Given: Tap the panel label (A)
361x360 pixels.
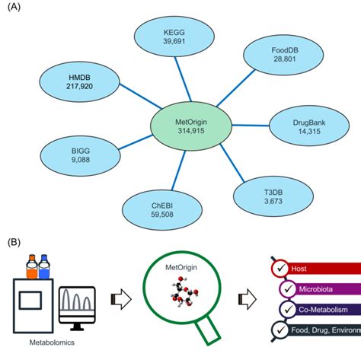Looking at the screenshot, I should [x=14, y=8].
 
